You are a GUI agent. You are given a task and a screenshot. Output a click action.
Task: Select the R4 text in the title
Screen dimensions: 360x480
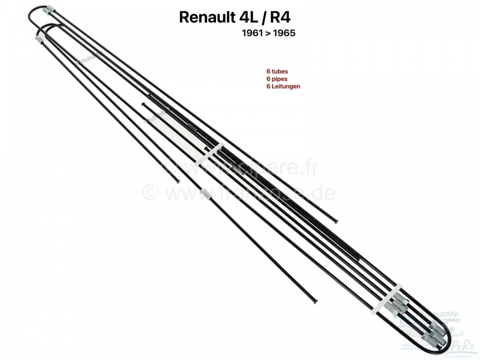[x=280, y=18]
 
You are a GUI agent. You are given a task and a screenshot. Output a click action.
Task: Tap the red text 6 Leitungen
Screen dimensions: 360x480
[x=279, y=87]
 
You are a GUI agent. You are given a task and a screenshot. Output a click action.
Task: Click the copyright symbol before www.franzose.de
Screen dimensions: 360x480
[x=150, y=193]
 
